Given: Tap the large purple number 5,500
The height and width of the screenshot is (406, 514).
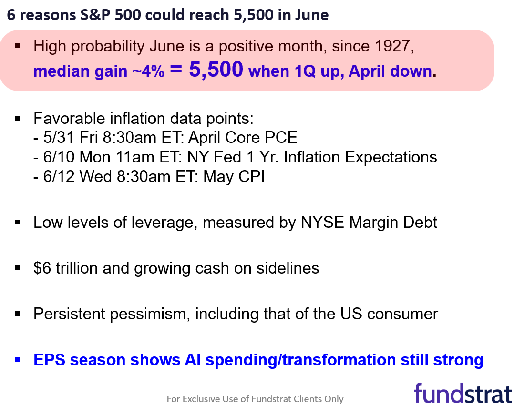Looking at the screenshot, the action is (216, 70).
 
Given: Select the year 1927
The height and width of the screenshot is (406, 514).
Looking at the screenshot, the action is (392, 46).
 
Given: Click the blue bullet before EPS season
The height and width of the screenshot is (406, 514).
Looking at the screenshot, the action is (17, 360).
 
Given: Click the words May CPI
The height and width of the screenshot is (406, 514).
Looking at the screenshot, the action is (234, 177).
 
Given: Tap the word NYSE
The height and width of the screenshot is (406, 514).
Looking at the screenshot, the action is (322, 222).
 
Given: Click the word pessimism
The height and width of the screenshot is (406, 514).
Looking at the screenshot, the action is (150, 314).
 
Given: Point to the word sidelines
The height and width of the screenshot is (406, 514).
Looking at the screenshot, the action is (288, 268).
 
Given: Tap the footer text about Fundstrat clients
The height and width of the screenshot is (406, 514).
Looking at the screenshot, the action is (255, 399).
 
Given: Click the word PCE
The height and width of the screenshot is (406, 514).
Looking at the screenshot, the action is (281, 137).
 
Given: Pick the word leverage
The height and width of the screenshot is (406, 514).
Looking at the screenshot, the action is (164, 223).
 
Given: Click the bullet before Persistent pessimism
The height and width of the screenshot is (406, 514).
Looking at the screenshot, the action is (17, 314).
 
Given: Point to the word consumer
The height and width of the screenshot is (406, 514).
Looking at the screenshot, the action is (402, 314).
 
